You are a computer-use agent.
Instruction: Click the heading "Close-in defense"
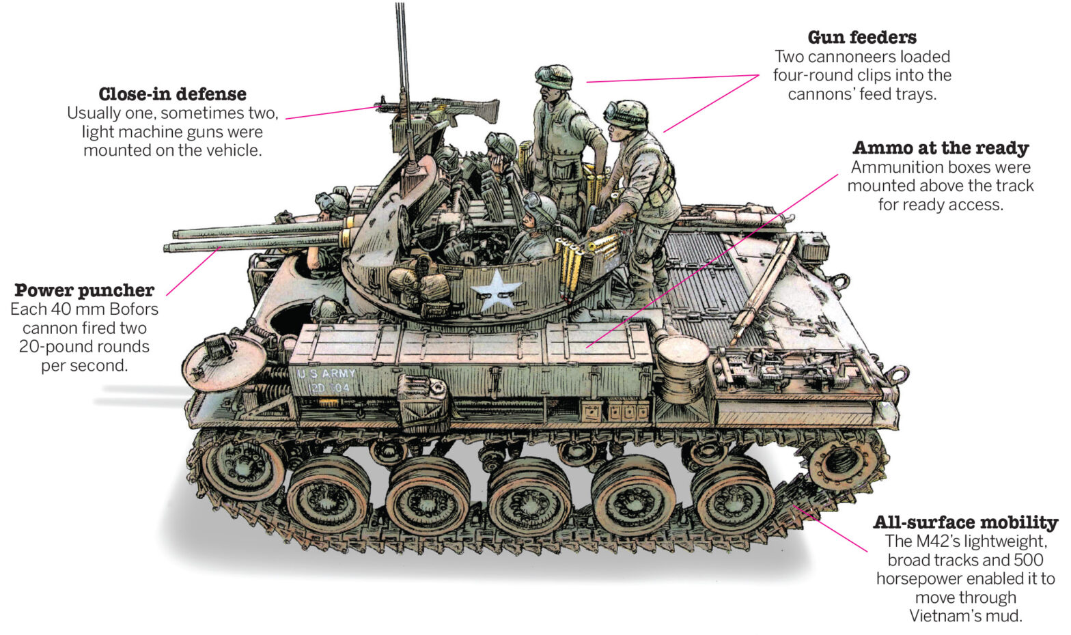172,94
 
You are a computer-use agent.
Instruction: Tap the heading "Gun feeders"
862,38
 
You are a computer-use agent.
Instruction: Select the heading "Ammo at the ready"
941,148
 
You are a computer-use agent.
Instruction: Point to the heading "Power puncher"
84,290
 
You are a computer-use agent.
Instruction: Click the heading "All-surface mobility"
965,522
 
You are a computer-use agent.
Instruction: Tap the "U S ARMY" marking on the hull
326,373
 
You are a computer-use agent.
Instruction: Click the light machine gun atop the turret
437,109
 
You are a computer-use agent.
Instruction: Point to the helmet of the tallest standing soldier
554,77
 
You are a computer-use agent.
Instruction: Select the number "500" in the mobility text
1028,561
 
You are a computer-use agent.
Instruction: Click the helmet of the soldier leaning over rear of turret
626,115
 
